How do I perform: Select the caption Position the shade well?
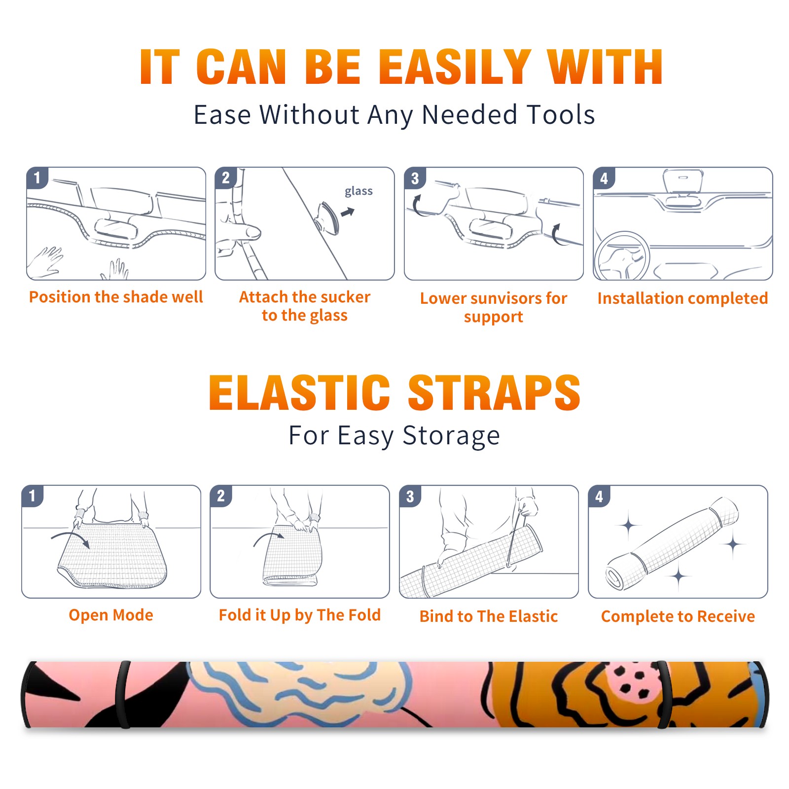(116, 297)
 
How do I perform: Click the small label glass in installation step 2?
(359, 191)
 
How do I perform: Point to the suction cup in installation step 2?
(327, 217)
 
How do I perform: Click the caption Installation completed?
(682, 298)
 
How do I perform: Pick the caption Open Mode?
(111, 615)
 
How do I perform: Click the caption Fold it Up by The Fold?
(300, 615)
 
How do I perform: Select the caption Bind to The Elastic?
(489, 616)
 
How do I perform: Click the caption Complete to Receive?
(678, 616)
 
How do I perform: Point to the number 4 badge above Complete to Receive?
(599, 496)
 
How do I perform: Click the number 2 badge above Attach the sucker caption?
(226, 178)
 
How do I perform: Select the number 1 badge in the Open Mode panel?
(33, 496)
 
